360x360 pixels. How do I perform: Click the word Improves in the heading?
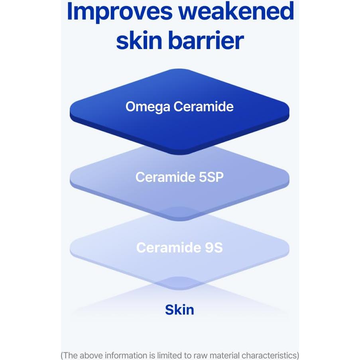coord(120,12)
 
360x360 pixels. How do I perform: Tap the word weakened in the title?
coord(236,11)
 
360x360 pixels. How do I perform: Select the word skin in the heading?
coord(139,40)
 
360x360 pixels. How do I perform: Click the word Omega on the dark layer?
coord(148,107)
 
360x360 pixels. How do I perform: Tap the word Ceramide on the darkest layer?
coord(203,106)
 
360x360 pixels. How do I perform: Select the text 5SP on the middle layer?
coord(211,177)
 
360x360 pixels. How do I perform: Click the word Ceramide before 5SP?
coord(165,177)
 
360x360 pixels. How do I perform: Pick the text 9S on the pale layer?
coord(214,248)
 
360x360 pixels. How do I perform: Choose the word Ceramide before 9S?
coord(169,248)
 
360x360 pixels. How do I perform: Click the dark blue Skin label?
coord(179,310)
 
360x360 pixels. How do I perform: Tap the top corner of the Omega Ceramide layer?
coord(179,69)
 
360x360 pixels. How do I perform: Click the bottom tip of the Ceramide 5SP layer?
coord(179,221)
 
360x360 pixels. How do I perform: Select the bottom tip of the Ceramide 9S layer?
coord(179,290)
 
